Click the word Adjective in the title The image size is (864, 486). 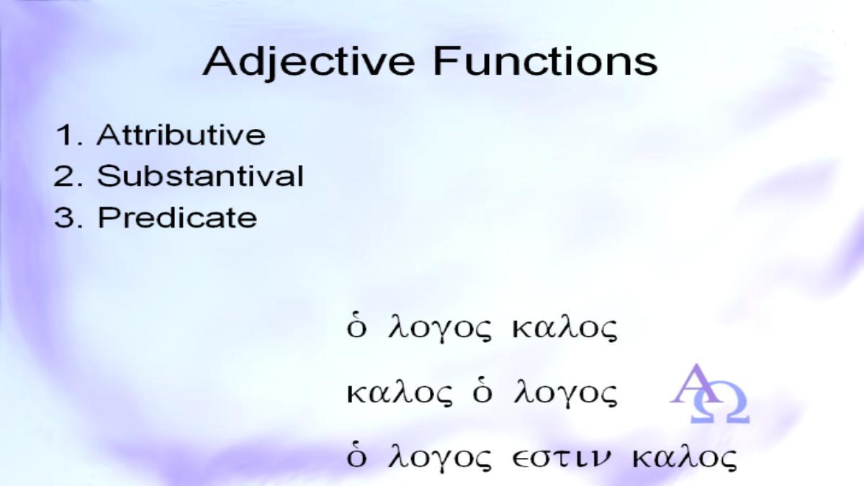coord(309,63)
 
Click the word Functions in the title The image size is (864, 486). coord(545,61)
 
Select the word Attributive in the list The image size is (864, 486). coord(181,135)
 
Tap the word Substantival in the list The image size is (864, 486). coord(200,176)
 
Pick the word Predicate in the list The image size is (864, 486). coord(177,217)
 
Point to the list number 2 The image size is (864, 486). coord(68,176)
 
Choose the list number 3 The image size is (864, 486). coord(68,217)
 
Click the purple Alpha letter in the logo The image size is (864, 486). coord(695,383)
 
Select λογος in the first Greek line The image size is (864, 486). coord(440,328)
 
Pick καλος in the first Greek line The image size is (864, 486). coord(564,328)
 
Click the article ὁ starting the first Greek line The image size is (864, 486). coord(356,328)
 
